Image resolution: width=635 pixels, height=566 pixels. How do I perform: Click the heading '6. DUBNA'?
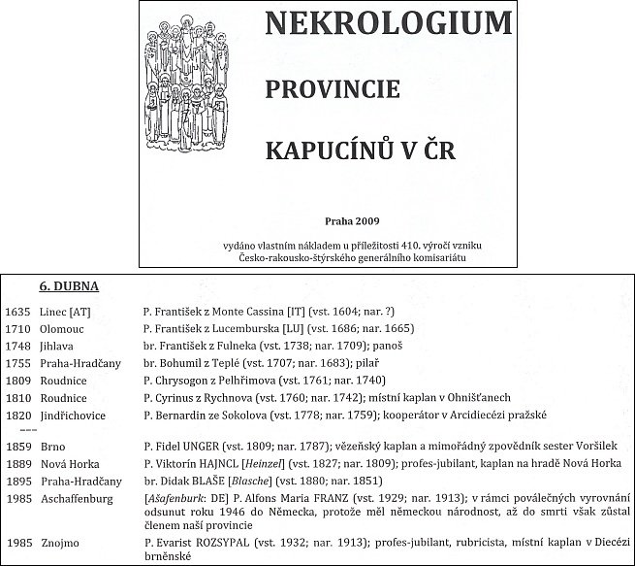point(69,288)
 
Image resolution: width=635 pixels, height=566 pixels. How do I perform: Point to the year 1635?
point(18,312)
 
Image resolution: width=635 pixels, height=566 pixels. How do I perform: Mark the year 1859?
point(18,447)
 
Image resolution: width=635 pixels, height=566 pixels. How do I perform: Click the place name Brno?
point(53,447)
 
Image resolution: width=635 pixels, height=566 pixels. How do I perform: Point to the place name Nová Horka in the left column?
point(69,464)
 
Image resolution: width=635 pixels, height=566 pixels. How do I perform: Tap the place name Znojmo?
point(60,544)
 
